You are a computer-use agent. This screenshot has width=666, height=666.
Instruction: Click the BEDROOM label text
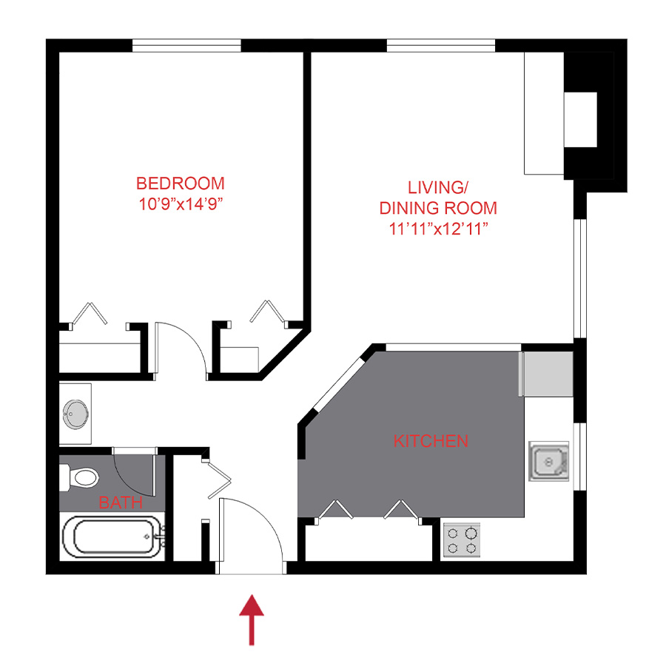(x=180, y=183)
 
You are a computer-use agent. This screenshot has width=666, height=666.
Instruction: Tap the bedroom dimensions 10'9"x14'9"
(x=180, y=204)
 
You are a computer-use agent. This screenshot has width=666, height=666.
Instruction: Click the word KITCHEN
(x=430, y=441)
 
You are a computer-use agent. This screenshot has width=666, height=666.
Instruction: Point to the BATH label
(x=121, y=503)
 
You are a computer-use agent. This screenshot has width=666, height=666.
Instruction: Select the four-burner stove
(x=462, y=539)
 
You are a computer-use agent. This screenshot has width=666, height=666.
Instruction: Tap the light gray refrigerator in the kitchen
(x=548, y=374)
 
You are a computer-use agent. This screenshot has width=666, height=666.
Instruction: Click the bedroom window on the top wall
(x=186, y=46)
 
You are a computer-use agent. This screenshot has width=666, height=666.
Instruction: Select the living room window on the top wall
(x=440, y=46)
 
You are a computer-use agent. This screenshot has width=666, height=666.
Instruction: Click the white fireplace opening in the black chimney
(x=582, y=120)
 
